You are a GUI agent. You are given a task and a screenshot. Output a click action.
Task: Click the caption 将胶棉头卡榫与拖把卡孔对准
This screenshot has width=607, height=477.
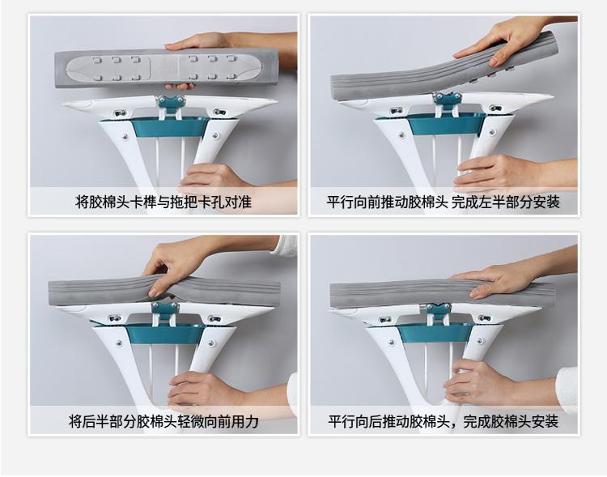click(x=163, y=202)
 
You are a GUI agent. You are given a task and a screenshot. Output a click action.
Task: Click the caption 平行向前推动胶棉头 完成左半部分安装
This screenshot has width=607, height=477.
click(x=443, y=202)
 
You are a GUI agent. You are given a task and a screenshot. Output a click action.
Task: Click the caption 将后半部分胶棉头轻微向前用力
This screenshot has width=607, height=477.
click(x=163, y=421)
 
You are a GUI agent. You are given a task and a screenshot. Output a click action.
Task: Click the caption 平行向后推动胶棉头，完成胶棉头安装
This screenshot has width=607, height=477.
click(x=443, y=421)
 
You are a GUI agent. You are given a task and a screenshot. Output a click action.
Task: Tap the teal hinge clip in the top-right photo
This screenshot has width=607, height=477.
click(x=447, y=99)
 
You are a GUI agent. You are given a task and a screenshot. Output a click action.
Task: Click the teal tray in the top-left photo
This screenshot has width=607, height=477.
click(x=170, y=126)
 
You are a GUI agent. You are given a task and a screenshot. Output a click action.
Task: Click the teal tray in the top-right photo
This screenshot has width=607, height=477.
click(x=446, y=124)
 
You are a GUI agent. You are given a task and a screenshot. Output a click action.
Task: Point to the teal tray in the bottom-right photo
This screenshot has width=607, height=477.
click(x=436, y=334)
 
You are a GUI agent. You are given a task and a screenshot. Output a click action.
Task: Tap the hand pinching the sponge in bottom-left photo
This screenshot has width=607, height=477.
click(x=174, y=267)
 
